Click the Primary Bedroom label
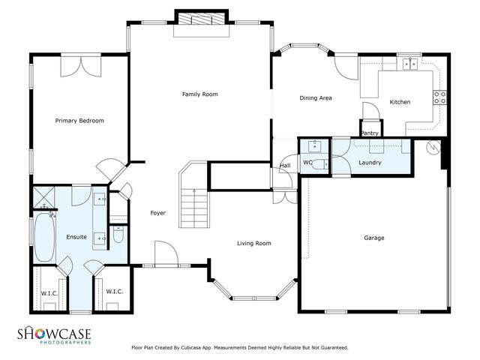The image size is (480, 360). [x=79, y=121]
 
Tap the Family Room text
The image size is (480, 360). [x=199, y=94]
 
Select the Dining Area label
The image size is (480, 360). [x=316, y=97]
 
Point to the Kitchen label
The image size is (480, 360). [x=399, y=102]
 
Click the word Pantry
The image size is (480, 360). [x=370, y=133]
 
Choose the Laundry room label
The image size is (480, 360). [x=370, y=163]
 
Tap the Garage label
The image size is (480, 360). [x=374, y=238]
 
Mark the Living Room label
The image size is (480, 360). [x=253, y=243]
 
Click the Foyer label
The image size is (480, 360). [x=157, y=213]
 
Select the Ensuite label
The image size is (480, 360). [x=76, y=237]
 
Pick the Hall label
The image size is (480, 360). [x=285, y=166]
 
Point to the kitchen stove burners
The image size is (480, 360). [x=440, y=97]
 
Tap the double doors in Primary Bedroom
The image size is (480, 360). [x=80, y=66]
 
